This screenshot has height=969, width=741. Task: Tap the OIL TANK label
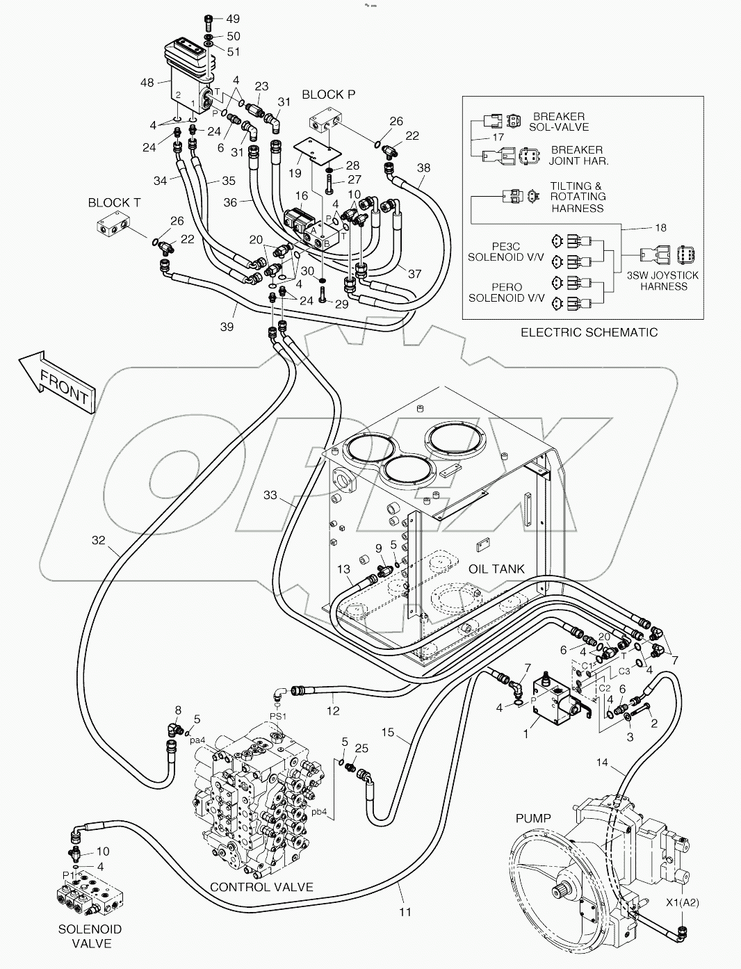(496, 569)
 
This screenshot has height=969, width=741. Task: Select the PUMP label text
(533, 818)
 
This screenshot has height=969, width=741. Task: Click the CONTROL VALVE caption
(261, 887)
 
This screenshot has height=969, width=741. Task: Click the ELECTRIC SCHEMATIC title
(589, 332)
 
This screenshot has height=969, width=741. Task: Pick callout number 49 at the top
(233, 19)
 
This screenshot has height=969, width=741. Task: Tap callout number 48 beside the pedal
(147, 83)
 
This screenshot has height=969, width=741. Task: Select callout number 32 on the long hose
(99, 540)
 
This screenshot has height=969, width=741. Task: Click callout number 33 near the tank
(270, 496)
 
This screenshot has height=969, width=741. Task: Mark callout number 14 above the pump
(601, 763)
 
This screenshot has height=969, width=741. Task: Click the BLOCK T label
(114, 202)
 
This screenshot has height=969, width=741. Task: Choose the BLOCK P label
(328, 94)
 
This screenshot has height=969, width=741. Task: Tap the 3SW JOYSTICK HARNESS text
(663, 281)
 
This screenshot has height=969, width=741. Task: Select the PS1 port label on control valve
(277, 715)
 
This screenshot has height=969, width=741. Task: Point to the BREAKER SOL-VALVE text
(559, 122)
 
